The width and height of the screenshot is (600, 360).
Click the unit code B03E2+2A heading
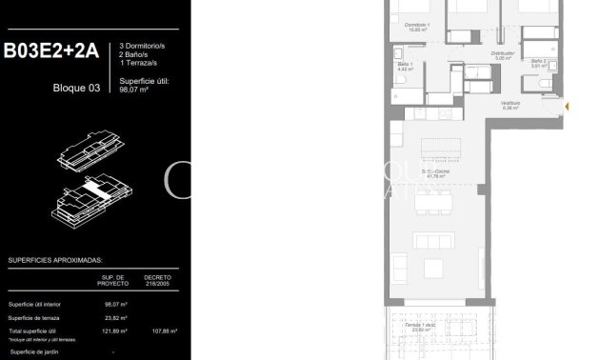[51, 53]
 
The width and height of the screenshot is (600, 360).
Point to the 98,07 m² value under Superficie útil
[135, 93]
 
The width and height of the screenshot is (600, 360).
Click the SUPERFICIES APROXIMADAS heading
[55, 259]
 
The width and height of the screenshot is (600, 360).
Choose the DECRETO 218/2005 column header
[157, 281]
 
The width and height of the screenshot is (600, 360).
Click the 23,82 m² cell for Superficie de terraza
[115, 318]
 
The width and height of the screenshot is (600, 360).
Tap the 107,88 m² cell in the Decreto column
[157, 331]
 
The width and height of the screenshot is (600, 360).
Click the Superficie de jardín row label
[35, 352]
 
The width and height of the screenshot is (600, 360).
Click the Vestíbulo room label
[510, 106]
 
